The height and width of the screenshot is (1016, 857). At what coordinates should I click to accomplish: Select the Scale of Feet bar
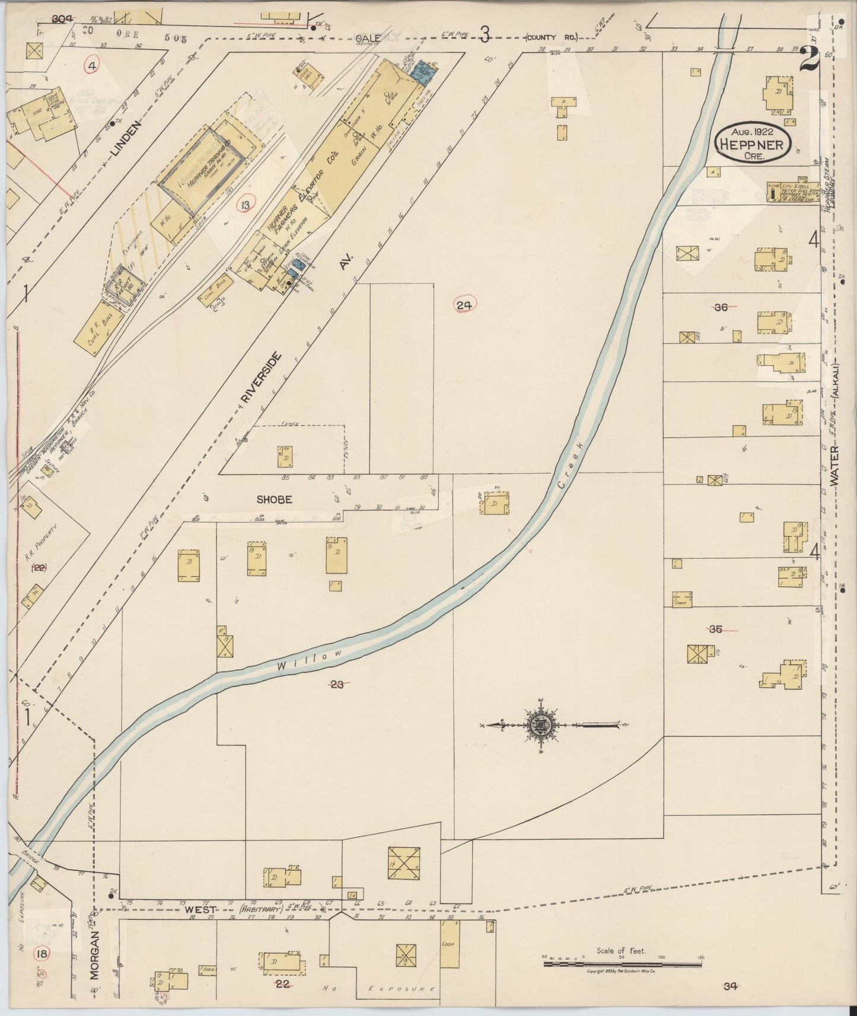[623, 964]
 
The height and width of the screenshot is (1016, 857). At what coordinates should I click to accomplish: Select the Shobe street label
[274, 500]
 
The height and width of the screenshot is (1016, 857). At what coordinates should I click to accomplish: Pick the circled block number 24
[464, 305]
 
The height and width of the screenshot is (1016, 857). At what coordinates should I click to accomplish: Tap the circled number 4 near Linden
[92, 65]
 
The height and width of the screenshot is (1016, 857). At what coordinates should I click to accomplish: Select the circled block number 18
[42, 953]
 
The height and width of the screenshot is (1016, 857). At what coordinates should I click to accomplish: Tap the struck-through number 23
[337, 685]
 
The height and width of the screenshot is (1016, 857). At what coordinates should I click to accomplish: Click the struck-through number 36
[721, 307]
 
